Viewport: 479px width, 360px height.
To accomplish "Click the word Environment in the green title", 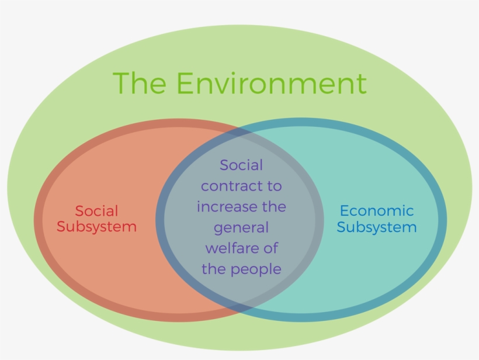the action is (272, 83).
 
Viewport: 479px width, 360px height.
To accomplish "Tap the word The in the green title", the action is (140, 83).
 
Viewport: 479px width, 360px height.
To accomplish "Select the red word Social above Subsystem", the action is (96, 211).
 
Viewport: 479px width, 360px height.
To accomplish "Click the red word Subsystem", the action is (96, 227).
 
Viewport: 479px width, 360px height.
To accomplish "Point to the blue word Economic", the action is (377, 211).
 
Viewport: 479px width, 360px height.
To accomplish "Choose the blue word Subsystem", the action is (377, 227).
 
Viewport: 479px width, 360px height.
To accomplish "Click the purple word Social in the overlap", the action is (241, 165).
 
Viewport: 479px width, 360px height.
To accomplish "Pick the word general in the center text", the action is (241, 228).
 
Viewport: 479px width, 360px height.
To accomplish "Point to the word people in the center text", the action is (256, 269).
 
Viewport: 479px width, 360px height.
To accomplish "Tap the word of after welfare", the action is (271, 248).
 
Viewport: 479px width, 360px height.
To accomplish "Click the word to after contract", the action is (275, 186).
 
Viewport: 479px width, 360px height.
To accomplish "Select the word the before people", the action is (214, 269).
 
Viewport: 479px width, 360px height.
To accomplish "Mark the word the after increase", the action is (275, 206).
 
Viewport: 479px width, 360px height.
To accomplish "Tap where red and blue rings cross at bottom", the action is (239, 308).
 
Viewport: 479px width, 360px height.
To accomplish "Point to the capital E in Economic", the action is (345, 211).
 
